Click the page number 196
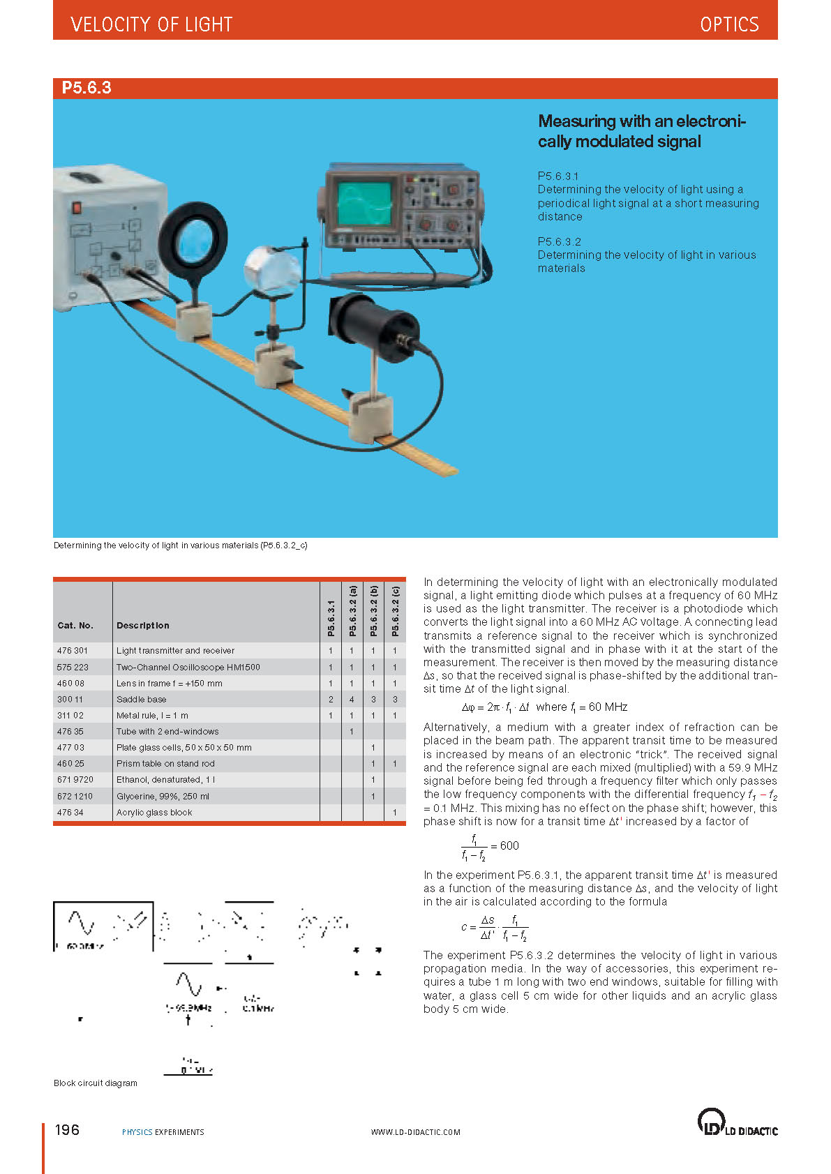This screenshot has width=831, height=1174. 67,1129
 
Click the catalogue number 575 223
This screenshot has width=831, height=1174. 73,667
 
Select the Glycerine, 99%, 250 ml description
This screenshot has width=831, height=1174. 163,796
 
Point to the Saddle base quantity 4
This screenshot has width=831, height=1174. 352,699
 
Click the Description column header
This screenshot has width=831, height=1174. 142,625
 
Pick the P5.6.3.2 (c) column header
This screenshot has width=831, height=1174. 395,611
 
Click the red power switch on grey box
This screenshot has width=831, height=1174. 77,207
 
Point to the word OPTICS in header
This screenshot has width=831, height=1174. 729,24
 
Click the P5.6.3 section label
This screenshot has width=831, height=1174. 87,88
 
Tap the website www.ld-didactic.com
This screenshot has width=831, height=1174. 415,1132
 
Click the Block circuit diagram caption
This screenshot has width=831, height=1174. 96,1083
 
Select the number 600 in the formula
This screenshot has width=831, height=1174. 509,845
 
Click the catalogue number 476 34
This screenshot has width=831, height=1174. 70,812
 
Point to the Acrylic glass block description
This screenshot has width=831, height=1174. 154,812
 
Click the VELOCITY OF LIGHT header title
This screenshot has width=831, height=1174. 151,24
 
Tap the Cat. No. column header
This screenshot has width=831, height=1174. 75,625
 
